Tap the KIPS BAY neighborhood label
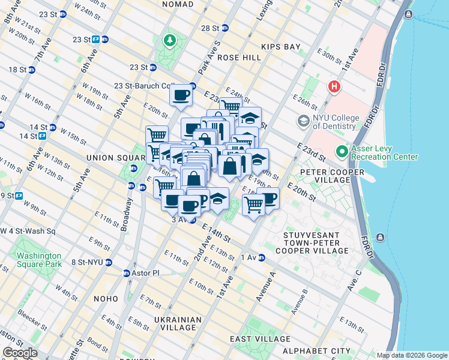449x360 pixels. tap(280, 46)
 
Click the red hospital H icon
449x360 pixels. tap(334, 87)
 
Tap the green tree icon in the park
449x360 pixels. tap(170, 40)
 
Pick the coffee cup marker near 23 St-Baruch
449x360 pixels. tap(181, 94)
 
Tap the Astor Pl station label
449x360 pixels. tap(142, 273)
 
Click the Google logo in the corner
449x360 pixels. tap(20, 353)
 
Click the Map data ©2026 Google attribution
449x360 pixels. tap(411, 355)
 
